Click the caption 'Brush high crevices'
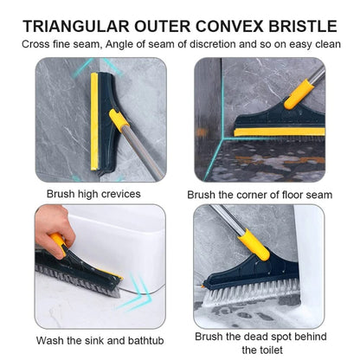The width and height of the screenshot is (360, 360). coord(89,194)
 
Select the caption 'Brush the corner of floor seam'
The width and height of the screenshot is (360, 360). coord(260,195)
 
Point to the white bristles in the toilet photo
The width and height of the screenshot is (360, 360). coord(251,295)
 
